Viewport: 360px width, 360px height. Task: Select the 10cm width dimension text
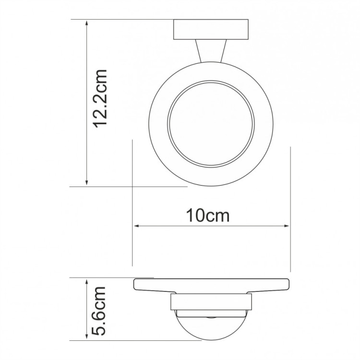click(x=208, y=215)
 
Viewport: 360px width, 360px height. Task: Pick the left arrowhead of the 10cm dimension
click(x=136, y=225)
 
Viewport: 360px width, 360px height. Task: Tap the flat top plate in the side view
click(x=211, y=285)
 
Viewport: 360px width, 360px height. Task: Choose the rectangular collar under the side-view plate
click(x=211, y=302)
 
